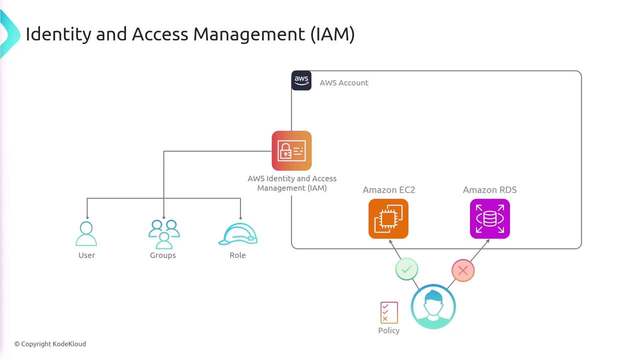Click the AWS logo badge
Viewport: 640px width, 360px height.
point(301,80)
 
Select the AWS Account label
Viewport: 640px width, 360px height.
point(344,83)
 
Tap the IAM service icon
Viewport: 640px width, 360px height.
point(291,151)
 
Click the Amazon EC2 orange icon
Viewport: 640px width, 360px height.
point(388,219)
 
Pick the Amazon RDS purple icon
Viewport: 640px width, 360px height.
point(490,219)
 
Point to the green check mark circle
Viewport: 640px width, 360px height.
point(406,269)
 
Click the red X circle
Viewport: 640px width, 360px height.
point(463,270)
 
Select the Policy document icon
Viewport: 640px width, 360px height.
point(389,312)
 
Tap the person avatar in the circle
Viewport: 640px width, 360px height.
point(433,306)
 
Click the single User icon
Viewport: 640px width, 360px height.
point(86,234)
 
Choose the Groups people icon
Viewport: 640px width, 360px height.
point(163,234)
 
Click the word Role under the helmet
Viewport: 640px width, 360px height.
point(237,255)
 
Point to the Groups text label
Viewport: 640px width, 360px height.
point(163,255)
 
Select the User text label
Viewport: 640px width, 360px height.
point(86,255)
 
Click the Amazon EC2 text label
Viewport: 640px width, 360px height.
point(389,190)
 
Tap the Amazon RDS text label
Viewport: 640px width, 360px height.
point(490,190)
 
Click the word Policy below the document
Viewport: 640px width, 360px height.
point(389,330)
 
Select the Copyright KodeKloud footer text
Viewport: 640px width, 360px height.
point(50,344)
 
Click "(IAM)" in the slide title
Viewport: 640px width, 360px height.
point(332,34)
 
